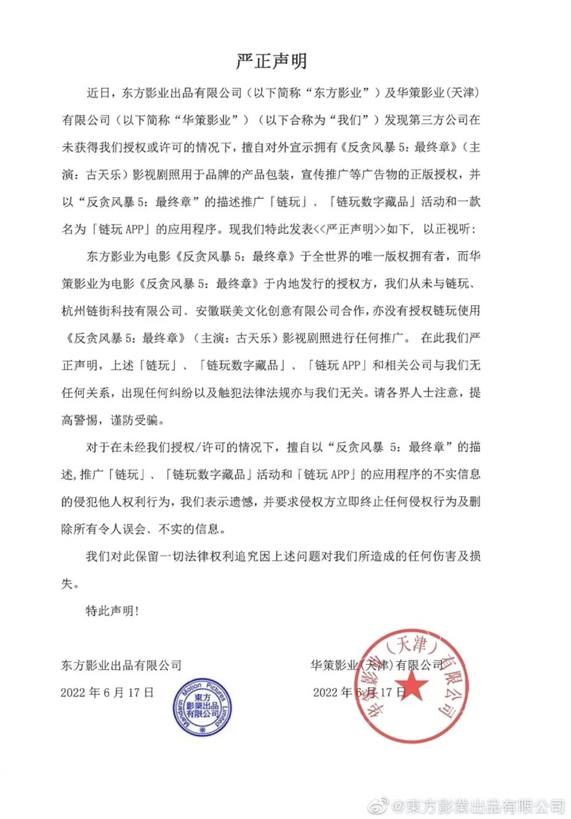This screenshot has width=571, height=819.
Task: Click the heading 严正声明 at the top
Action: [x=271, y=61]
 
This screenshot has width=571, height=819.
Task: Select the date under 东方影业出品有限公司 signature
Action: [x=107, y=693]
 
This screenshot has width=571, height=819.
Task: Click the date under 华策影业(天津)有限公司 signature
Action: [x=359, y=693]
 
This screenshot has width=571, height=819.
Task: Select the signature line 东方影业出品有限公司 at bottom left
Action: [x=122, y=665]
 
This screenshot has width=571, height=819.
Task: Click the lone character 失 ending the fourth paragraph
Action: [x=67, y=583]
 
